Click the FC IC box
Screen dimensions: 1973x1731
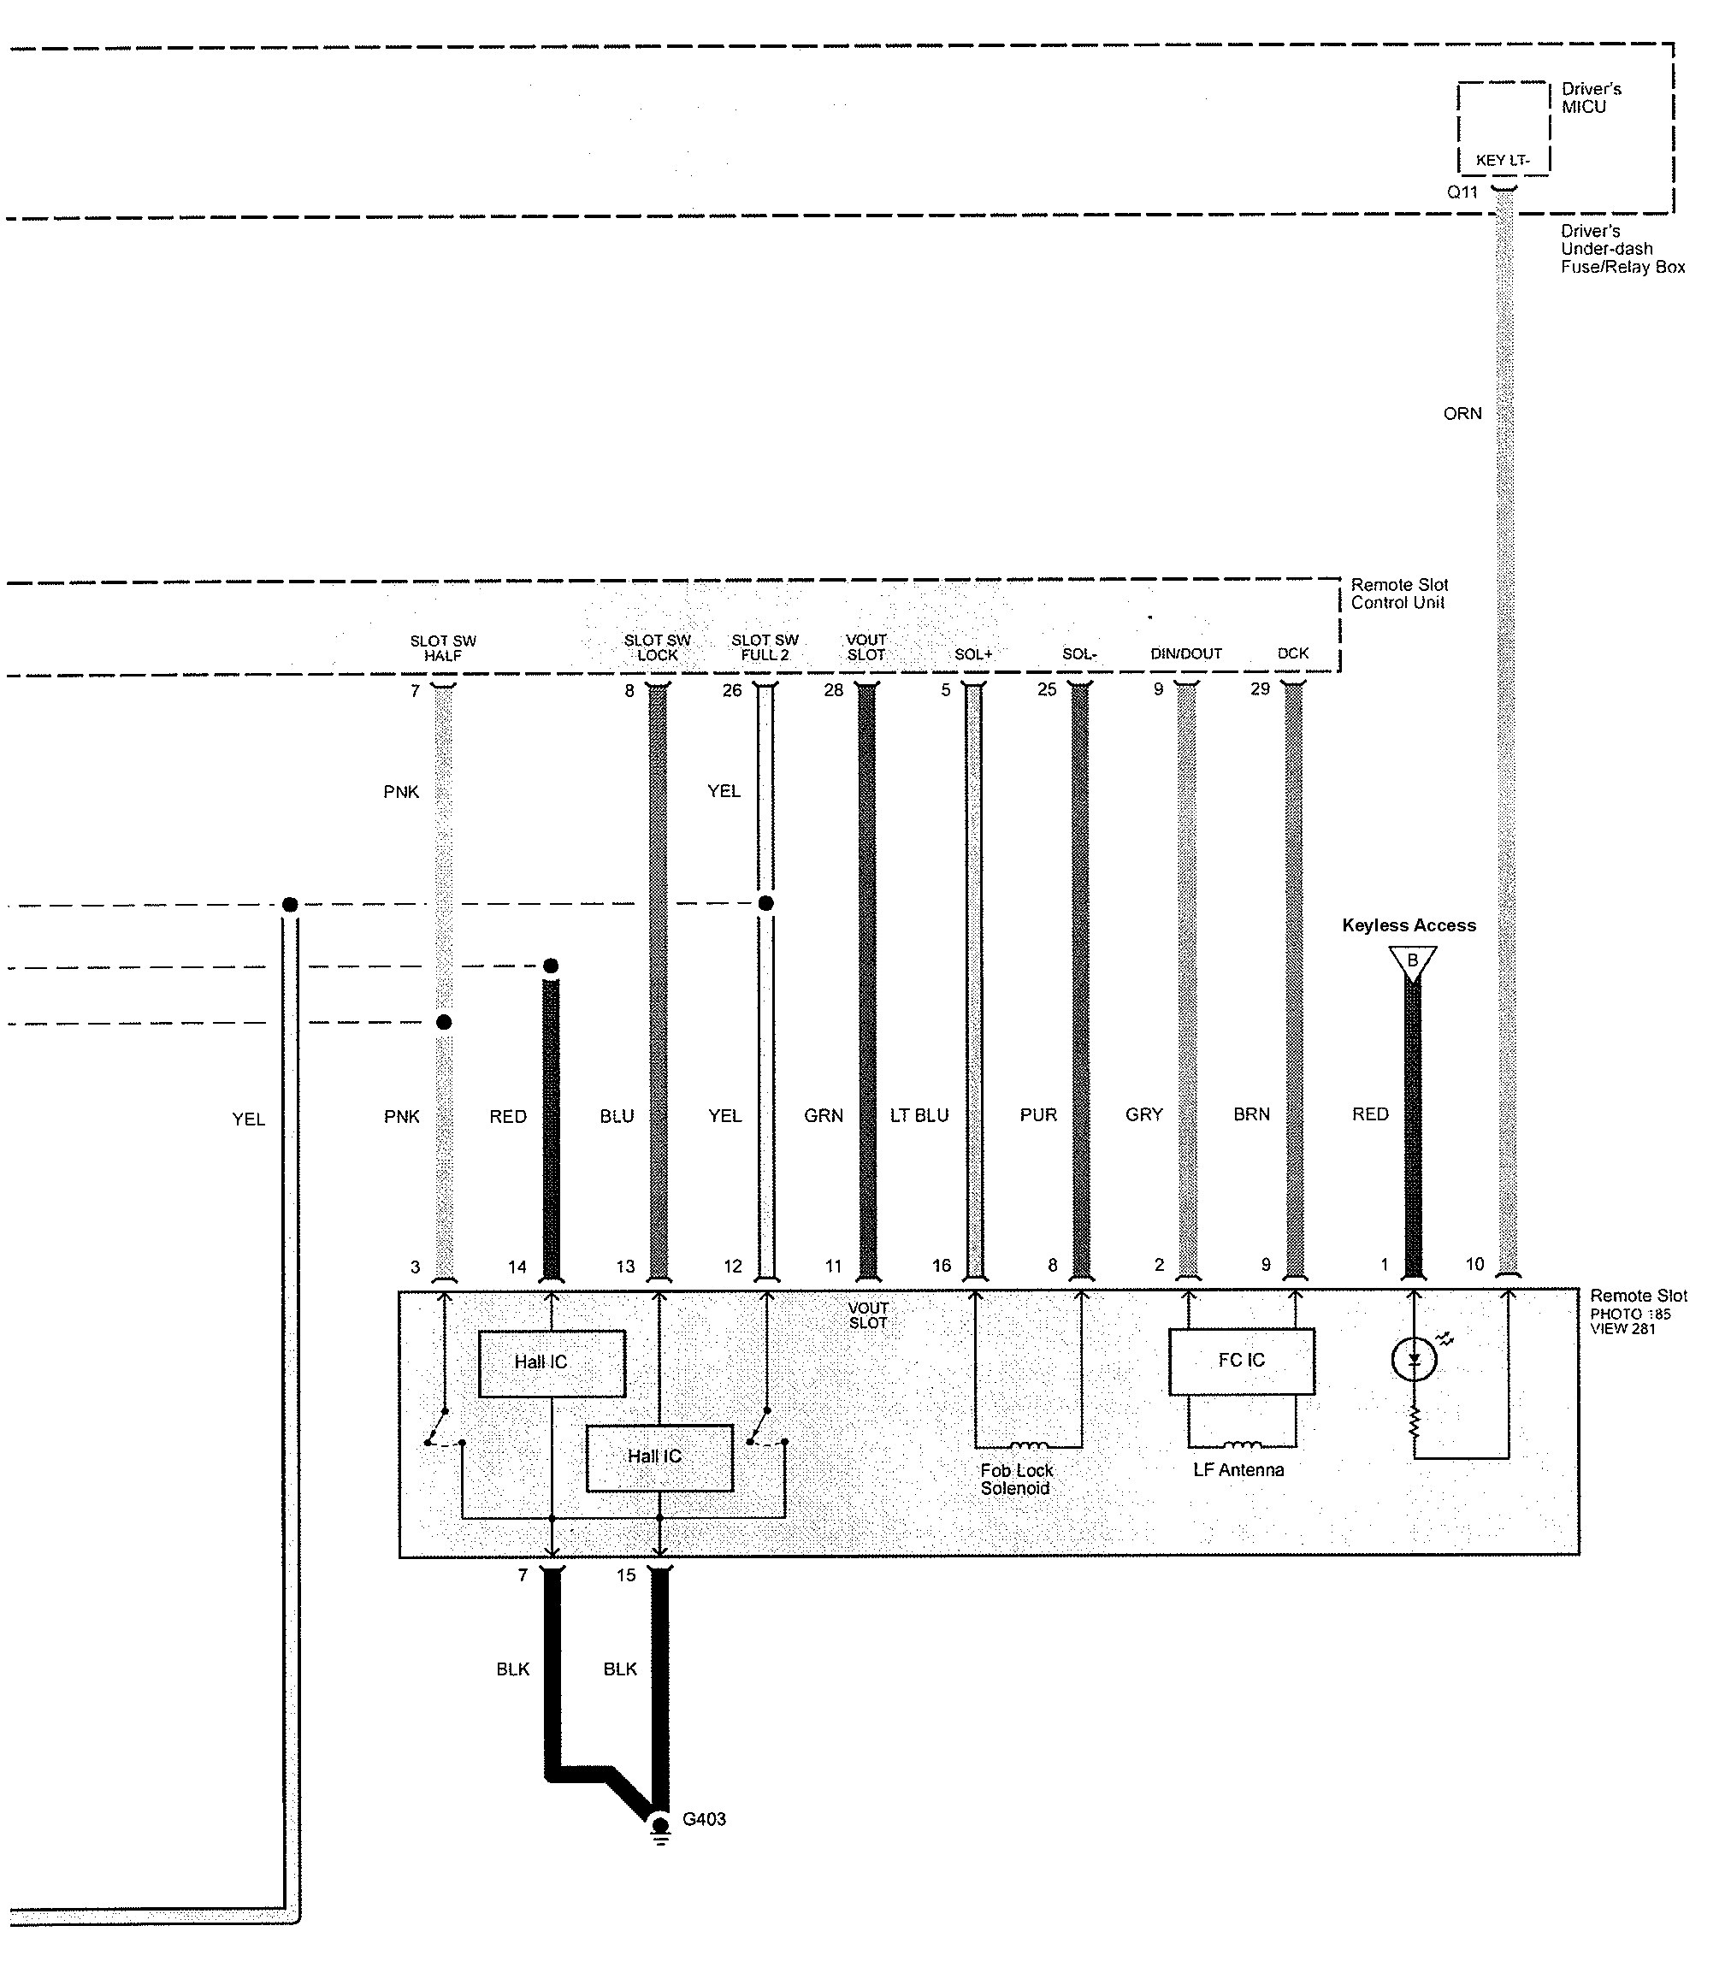coord(1241,1360)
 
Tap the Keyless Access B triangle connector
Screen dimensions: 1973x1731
coord(1412,961)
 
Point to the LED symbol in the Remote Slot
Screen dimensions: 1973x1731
coord(1415,1359)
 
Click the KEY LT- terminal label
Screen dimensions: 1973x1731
coord(1502,160)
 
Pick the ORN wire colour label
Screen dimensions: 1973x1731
coord(1462,413)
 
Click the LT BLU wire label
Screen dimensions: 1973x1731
coord(919,1115)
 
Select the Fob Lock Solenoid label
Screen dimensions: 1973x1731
coord(1016,1479)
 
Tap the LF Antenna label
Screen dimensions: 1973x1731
coord(1238,1469)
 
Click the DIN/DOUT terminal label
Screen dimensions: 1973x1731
coord(1185,653)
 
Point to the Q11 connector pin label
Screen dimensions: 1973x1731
coord(1462,192)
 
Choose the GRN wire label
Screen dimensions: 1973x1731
coord(824,1115)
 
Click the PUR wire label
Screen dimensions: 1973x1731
coord(1037,1115)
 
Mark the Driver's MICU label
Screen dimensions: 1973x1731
coord(1591,97)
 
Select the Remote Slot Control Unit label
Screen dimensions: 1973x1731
coord(1399,593)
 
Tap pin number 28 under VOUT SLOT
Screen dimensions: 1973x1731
coord(833,689)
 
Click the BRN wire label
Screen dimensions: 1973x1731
coord(1251,1114)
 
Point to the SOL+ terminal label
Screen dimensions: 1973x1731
coord(973,654)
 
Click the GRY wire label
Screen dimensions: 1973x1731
coord(1144,1114)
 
